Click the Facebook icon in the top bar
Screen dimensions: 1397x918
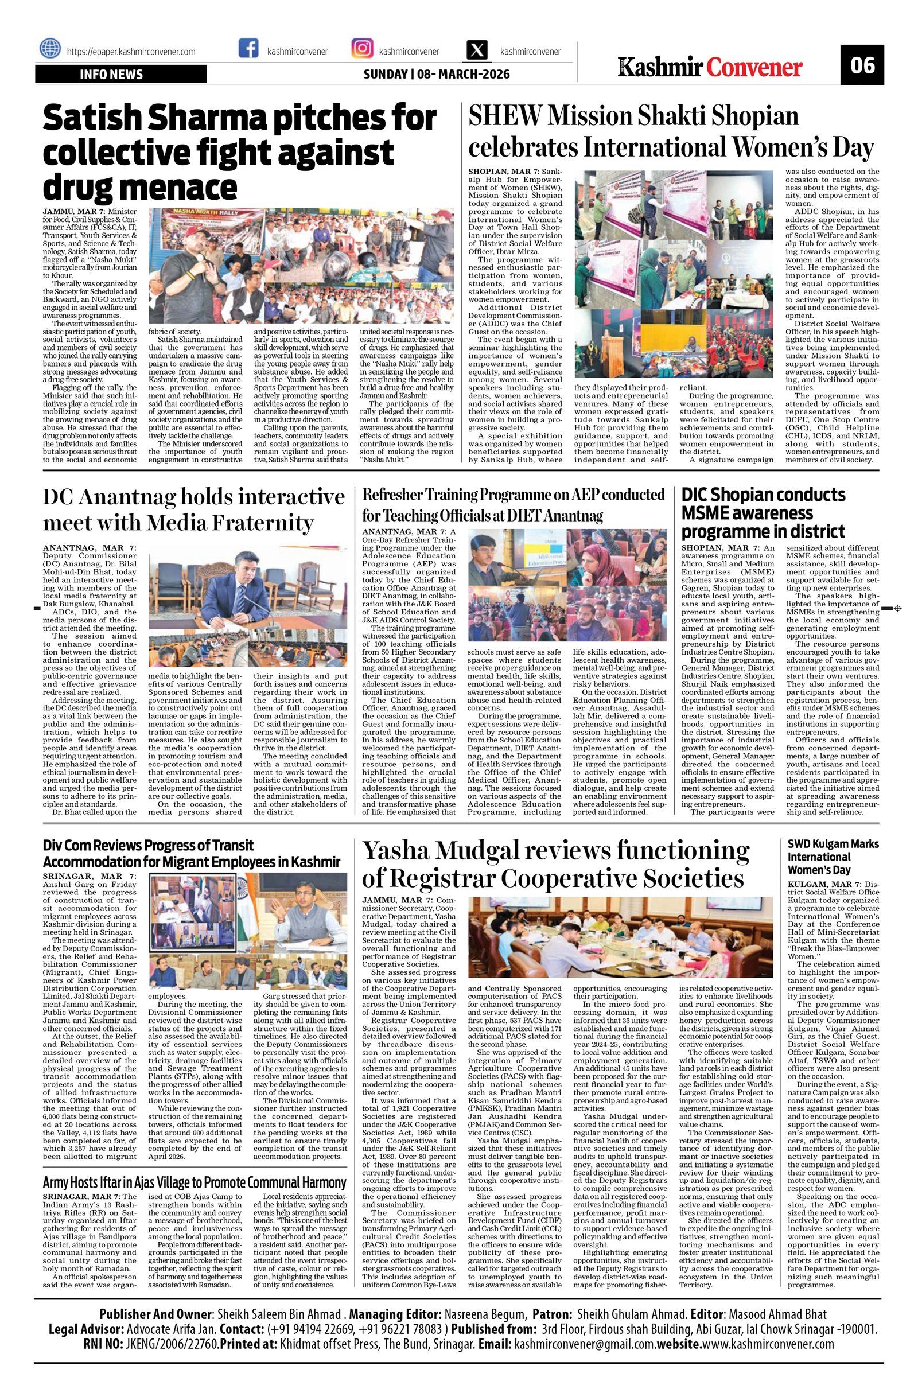tap(249, 48)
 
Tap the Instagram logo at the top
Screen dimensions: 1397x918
tap(362, 48)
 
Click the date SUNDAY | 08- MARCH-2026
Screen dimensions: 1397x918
tap(436, 75)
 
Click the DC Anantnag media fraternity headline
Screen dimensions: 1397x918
tap(194, 509)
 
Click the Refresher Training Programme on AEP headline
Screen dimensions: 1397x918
tap(514, 504)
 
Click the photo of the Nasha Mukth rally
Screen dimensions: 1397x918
tap(301, 266)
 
